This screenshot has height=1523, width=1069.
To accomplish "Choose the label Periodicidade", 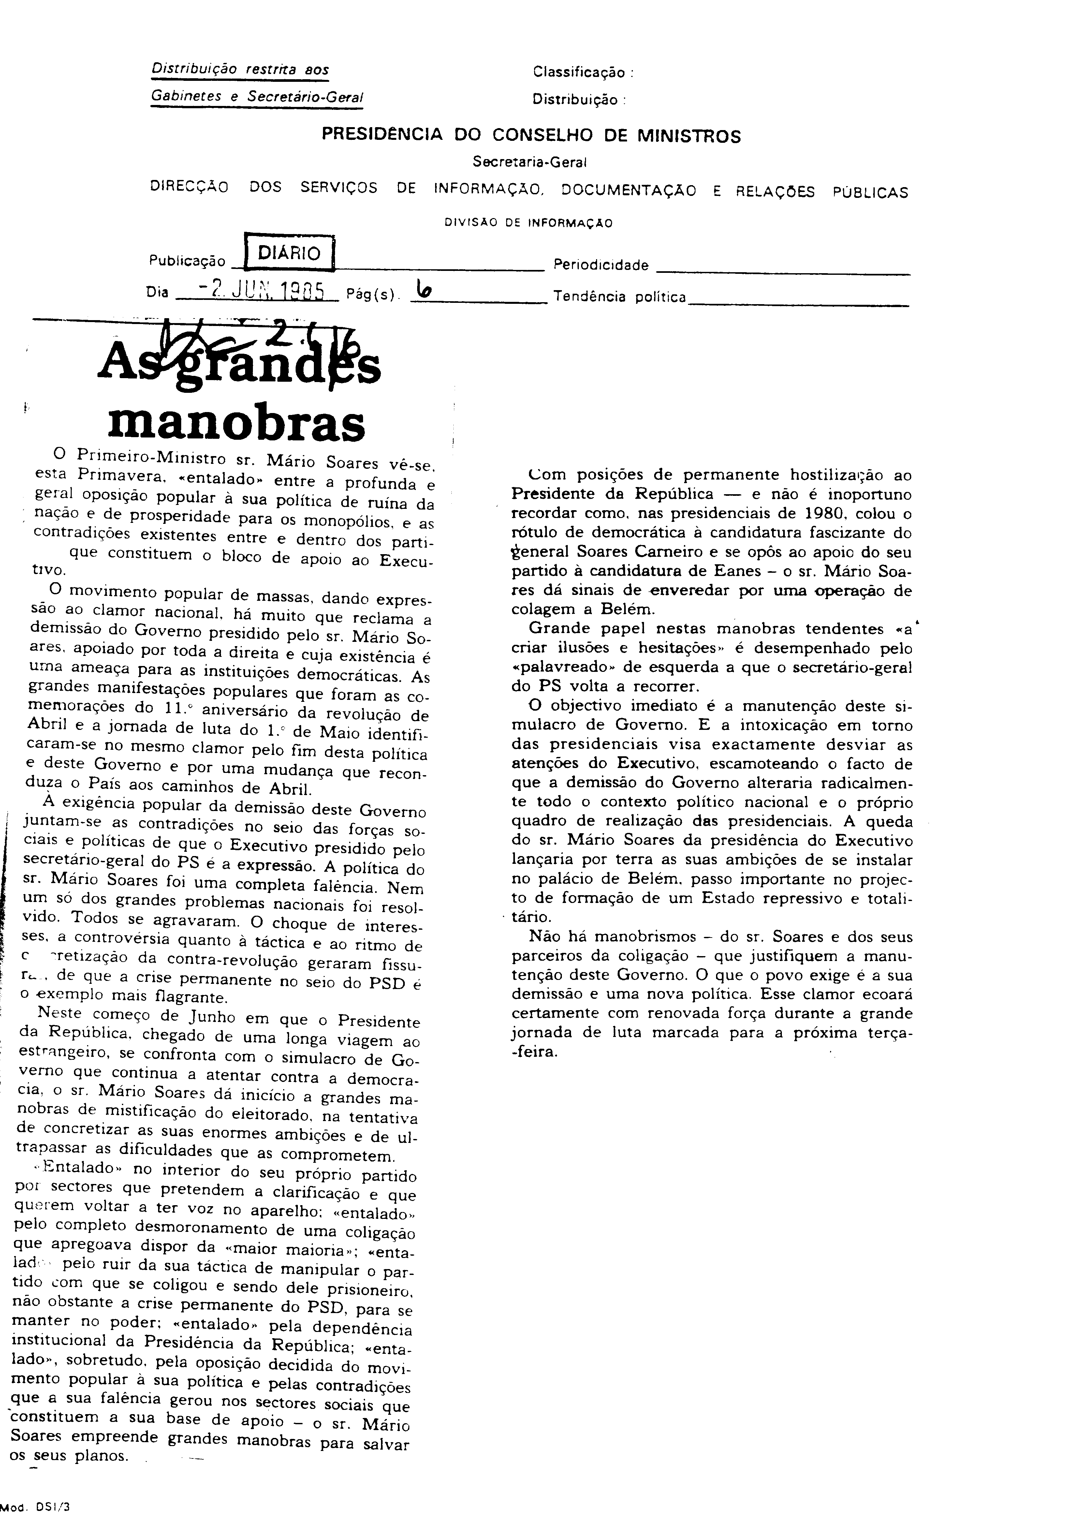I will click(600, 265).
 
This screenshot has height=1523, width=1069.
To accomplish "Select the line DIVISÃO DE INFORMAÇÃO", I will click(529, 224).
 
